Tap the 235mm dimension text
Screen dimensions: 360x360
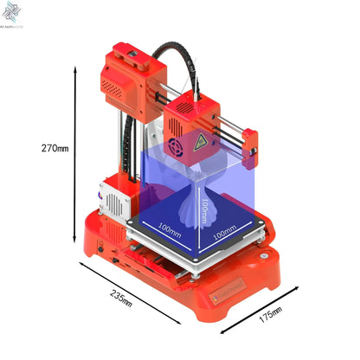click(x=122, y=297)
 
